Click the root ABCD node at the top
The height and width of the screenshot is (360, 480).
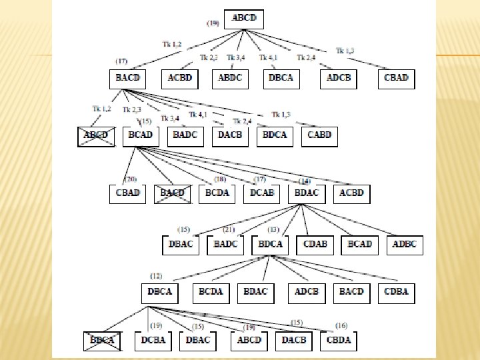click(244, 19)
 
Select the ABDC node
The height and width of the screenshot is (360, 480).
click(231, 78)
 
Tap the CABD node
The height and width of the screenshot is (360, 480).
click(319, 135)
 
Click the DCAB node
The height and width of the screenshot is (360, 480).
click(262, 193)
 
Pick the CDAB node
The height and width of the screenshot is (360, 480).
click(315, 244)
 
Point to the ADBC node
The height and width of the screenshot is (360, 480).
click(405, 244)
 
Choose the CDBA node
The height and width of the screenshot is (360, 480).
click(396, 291)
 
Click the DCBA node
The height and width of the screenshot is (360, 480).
click(153, 340)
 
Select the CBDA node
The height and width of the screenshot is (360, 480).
click(338, 340)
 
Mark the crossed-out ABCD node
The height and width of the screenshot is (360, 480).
click(95, 135)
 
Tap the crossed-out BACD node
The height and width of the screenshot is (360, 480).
click(172, 193)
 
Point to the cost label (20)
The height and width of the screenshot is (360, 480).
click(131, 179)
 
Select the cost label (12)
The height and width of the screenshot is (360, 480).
click(155, 276)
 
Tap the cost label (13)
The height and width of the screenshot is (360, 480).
click(273, 230)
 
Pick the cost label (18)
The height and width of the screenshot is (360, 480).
click(221, 179)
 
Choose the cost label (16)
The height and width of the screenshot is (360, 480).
click(341, 325)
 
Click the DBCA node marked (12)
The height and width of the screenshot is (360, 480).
click(160, 291)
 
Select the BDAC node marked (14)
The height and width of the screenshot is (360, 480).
click(306, 193)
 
